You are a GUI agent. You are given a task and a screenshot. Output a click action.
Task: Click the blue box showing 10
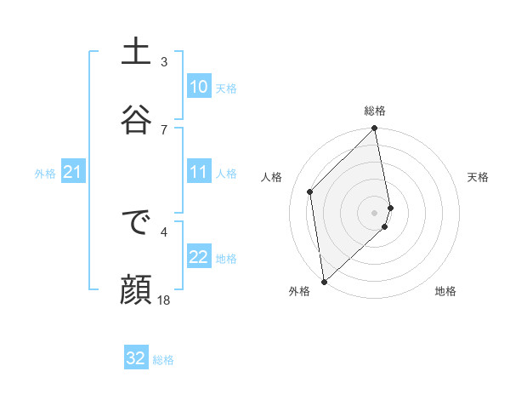[198, 87]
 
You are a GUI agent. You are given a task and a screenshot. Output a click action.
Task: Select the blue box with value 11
[198, 172]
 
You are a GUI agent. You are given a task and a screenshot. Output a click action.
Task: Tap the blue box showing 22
[198, 257]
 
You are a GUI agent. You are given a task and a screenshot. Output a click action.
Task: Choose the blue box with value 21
[72, 173]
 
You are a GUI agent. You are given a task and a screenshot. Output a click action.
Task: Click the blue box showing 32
[136, 358]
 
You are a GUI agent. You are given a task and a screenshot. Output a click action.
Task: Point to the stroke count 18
[164, 300]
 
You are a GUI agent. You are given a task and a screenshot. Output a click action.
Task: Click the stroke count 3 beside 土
[164, 61]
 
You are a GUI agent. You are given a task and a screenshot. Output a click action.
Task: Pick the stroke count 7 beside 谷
[164, 129]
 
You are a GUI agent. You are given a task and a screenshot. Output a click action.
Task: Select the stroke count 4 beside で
[164, 231]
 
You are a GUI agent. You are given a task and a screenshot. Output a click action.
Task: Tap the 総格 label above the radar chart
[375, 111]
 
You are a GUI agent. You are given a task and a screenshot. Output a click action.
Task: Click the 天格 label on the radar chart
[478, 177]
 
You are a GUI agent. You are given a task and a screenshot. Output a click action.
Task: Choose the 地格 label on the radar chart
[445, 291]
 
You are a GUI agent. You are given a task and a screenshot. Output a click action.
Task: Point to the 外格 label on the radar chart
[299, 291]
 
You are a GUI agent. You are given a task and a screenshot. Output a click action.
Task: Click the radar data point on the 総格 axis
[375, 129]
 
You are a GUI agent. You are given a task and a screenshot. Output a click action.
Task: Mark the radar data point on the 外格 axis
[323, 281]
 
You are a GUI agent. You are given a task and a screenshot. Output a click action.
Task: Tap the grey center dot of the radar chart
[375, 211]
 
